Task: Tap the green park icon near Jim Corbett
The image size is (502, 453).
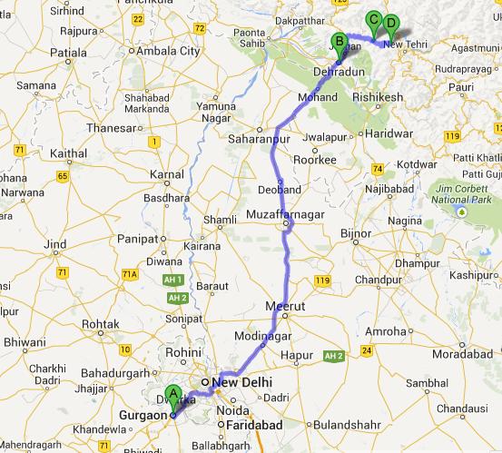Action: click(461, 212)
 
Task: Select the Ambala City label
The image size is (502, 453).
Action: click(169, 52)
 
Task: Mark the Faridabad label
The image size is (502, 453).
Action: click(245, 424)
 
